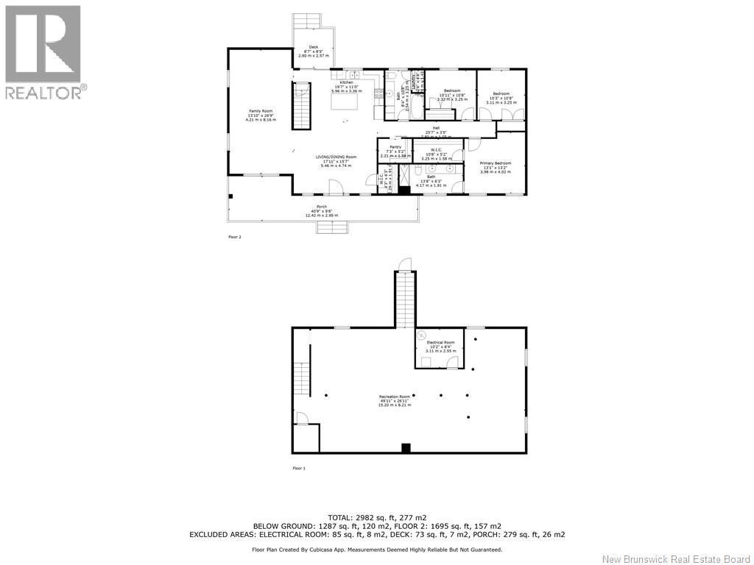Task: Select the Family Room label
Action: pyautogui.click(x=261, y=115)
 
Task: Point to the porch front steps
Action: pyautogui.click(x=331, y=227)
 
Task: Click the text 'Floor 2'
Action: pyautogui.click(x=235, y=237)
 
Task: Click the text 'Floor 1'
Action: pyautogui.click(x=299, y=468)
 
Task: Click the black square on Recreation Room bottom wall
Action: pyautogui.click(x=405, y=447)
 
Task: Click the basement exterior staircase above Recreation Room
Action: pyautogui.click(x=404, y=298)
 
